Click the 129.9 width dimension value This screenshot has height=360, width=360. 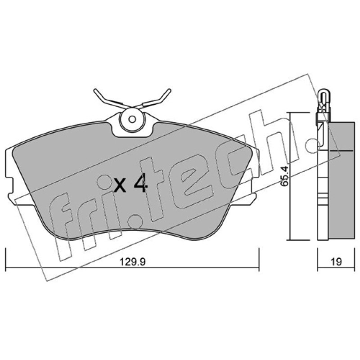(133, 262)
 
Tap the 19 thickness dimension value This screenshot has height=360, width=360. (336, 262)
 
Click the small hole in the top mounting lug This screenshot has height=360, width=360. (132, 119)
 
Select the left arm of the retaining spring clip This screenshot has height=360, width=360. (111, 99)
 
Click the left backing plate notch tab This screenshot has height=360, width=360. (9, 185)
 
